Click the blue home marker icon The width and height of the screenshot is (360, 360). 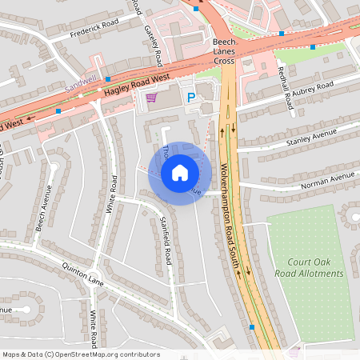[179, 172]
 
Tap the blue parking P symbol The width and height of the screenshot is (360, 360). [191, 98]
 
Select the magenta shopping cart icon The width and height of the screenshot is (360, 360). [151, 98]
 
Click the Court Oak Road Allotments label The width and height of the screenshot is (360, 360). [316, 268]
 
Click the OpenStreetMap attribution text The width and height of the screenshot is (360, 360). [81, 354]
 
